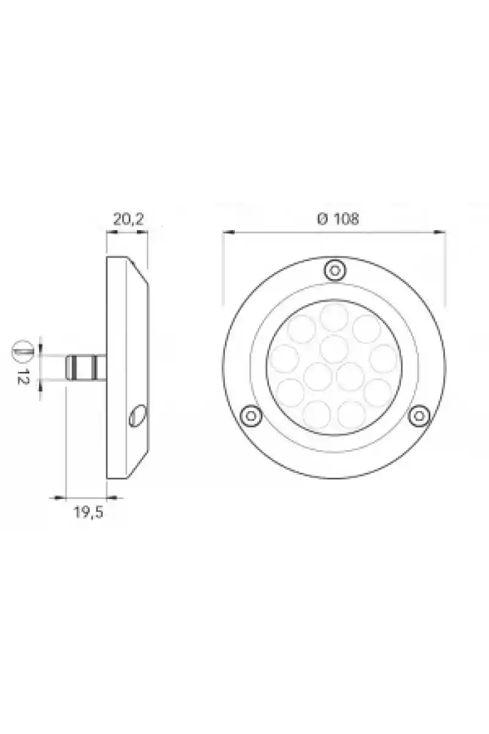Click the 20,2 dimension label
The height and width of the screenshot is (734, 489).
click(x=128, y=219)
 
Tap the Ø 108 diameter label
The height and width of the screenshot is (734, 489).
click(x=338, y=219)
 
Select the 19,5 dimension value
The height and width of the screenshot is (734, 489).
click(x=89, y=513)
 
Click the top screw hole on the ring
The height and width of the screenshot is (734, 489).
click(x=335, y=270)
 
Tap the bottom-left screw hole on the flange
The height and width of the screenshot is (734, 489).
click(x=251, y=416)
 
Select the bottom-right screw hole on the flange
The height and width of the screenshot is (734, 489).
click(x=419, y=416)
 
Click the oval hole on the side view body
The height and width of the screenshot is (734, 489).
click(x=138, y=416)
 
